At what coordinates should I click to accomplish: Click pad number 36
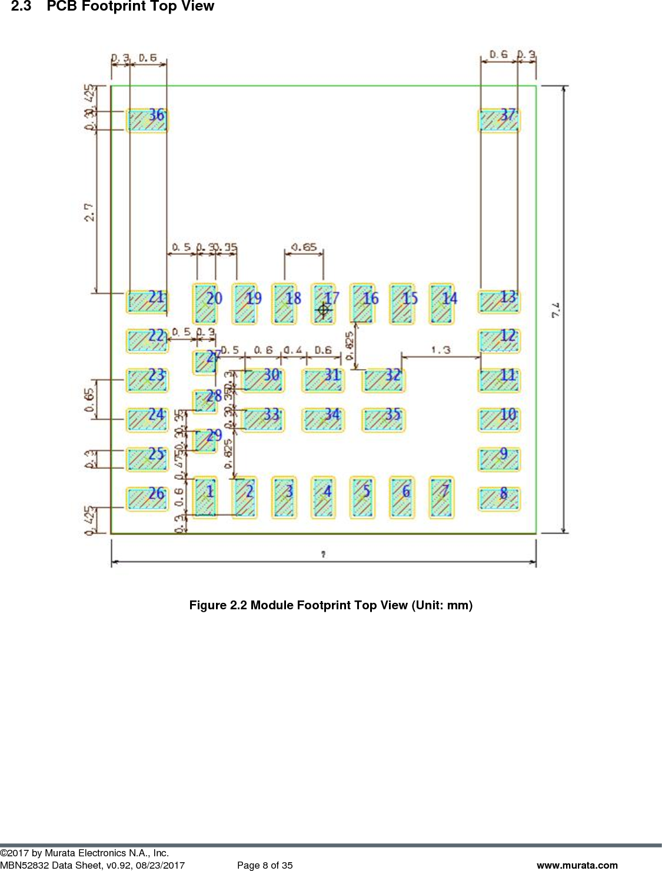pyautogui.click(x=147, y=120)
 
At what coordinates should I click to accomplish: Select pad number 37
pyautogui.click(x=499, y=120)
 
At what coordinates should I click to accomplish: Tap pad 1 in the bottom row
pyautogui.click(x=205, y=497)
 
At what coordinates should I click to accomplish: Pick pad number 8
pyautogui.click(x=499, y=499)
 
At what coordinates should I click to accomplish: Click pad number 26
pyautogui.click(x=147, y=499)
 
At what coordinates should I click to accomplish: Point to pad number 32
pyautogui.click(x=384, y=380)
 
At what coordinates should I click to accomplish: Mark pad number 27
pyautogui.click(x=205, y=362)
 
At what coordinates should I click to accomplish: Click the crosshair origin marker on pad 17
pyautogui.click(x=323, y=309)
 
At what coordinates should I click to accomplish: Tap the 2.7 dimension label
pyautogui.click(x=89, y=212)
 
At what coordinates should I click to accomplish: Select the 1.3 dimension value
pyautogui.click(x=440, y=350)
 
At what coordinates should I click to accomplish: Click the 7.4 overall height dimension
pyautogui.click(x=556, y=310)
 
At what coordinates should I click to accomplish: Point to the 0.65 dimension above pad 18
pyautogui.click(x=304, y=247)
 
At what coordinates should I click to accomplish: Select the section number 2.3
pyautogui.click(x=21, y=6)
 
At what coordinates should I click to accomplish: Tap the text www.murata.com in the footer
pyautogui.click(x=577, y=865)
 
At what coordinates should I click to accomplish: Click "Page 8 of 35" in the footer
pyautogui.click(x=265, y=865)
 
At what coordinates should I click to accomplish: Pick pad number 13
pyautogui.click(x=499, y=302)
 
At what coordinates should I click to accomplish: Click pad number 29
pyautogui.click(x=205, y=440)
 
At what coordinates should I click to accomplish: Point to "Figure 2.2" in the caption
pyautogui.click(x=218, y=605)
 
